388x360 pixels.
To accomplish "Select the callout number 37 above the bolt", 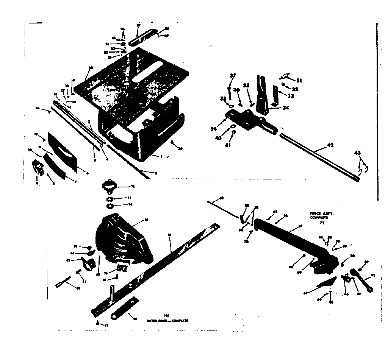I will tap(233, 76).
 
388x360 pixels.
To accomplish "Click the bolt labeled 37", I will tap(230, 93).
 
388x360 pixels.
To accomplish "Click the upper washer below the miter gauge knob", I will tap(109, 199).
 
